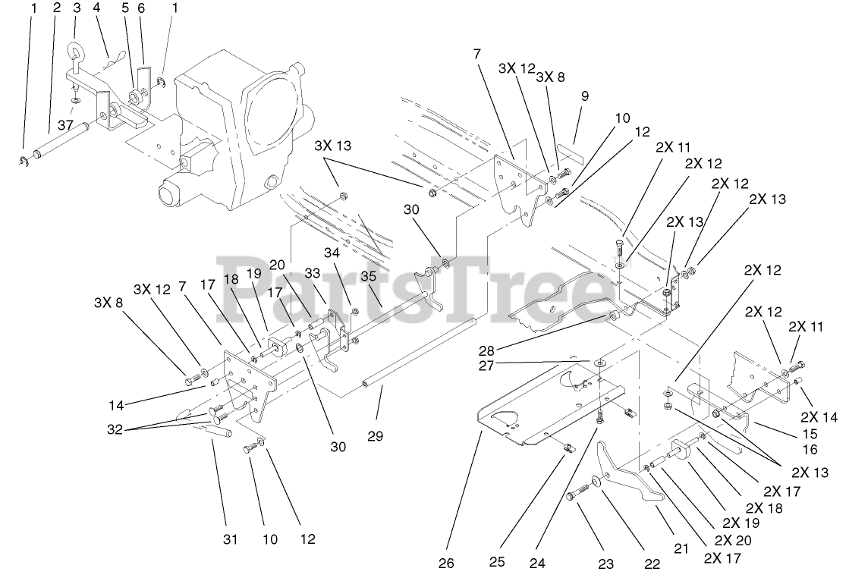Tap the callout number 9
coord(585,96)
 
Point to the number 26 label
coord(446,563)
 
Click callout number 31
coord(230,540)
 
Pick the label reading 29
coord(375,436)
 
